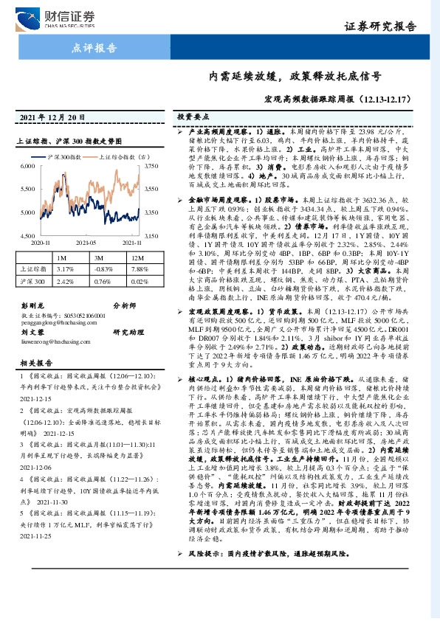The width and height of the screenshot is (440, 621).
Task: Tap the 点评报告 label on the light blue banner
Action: pos(95,49)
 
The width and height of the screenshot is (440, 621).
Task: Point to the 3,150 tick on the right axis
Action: pos(154,235)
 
